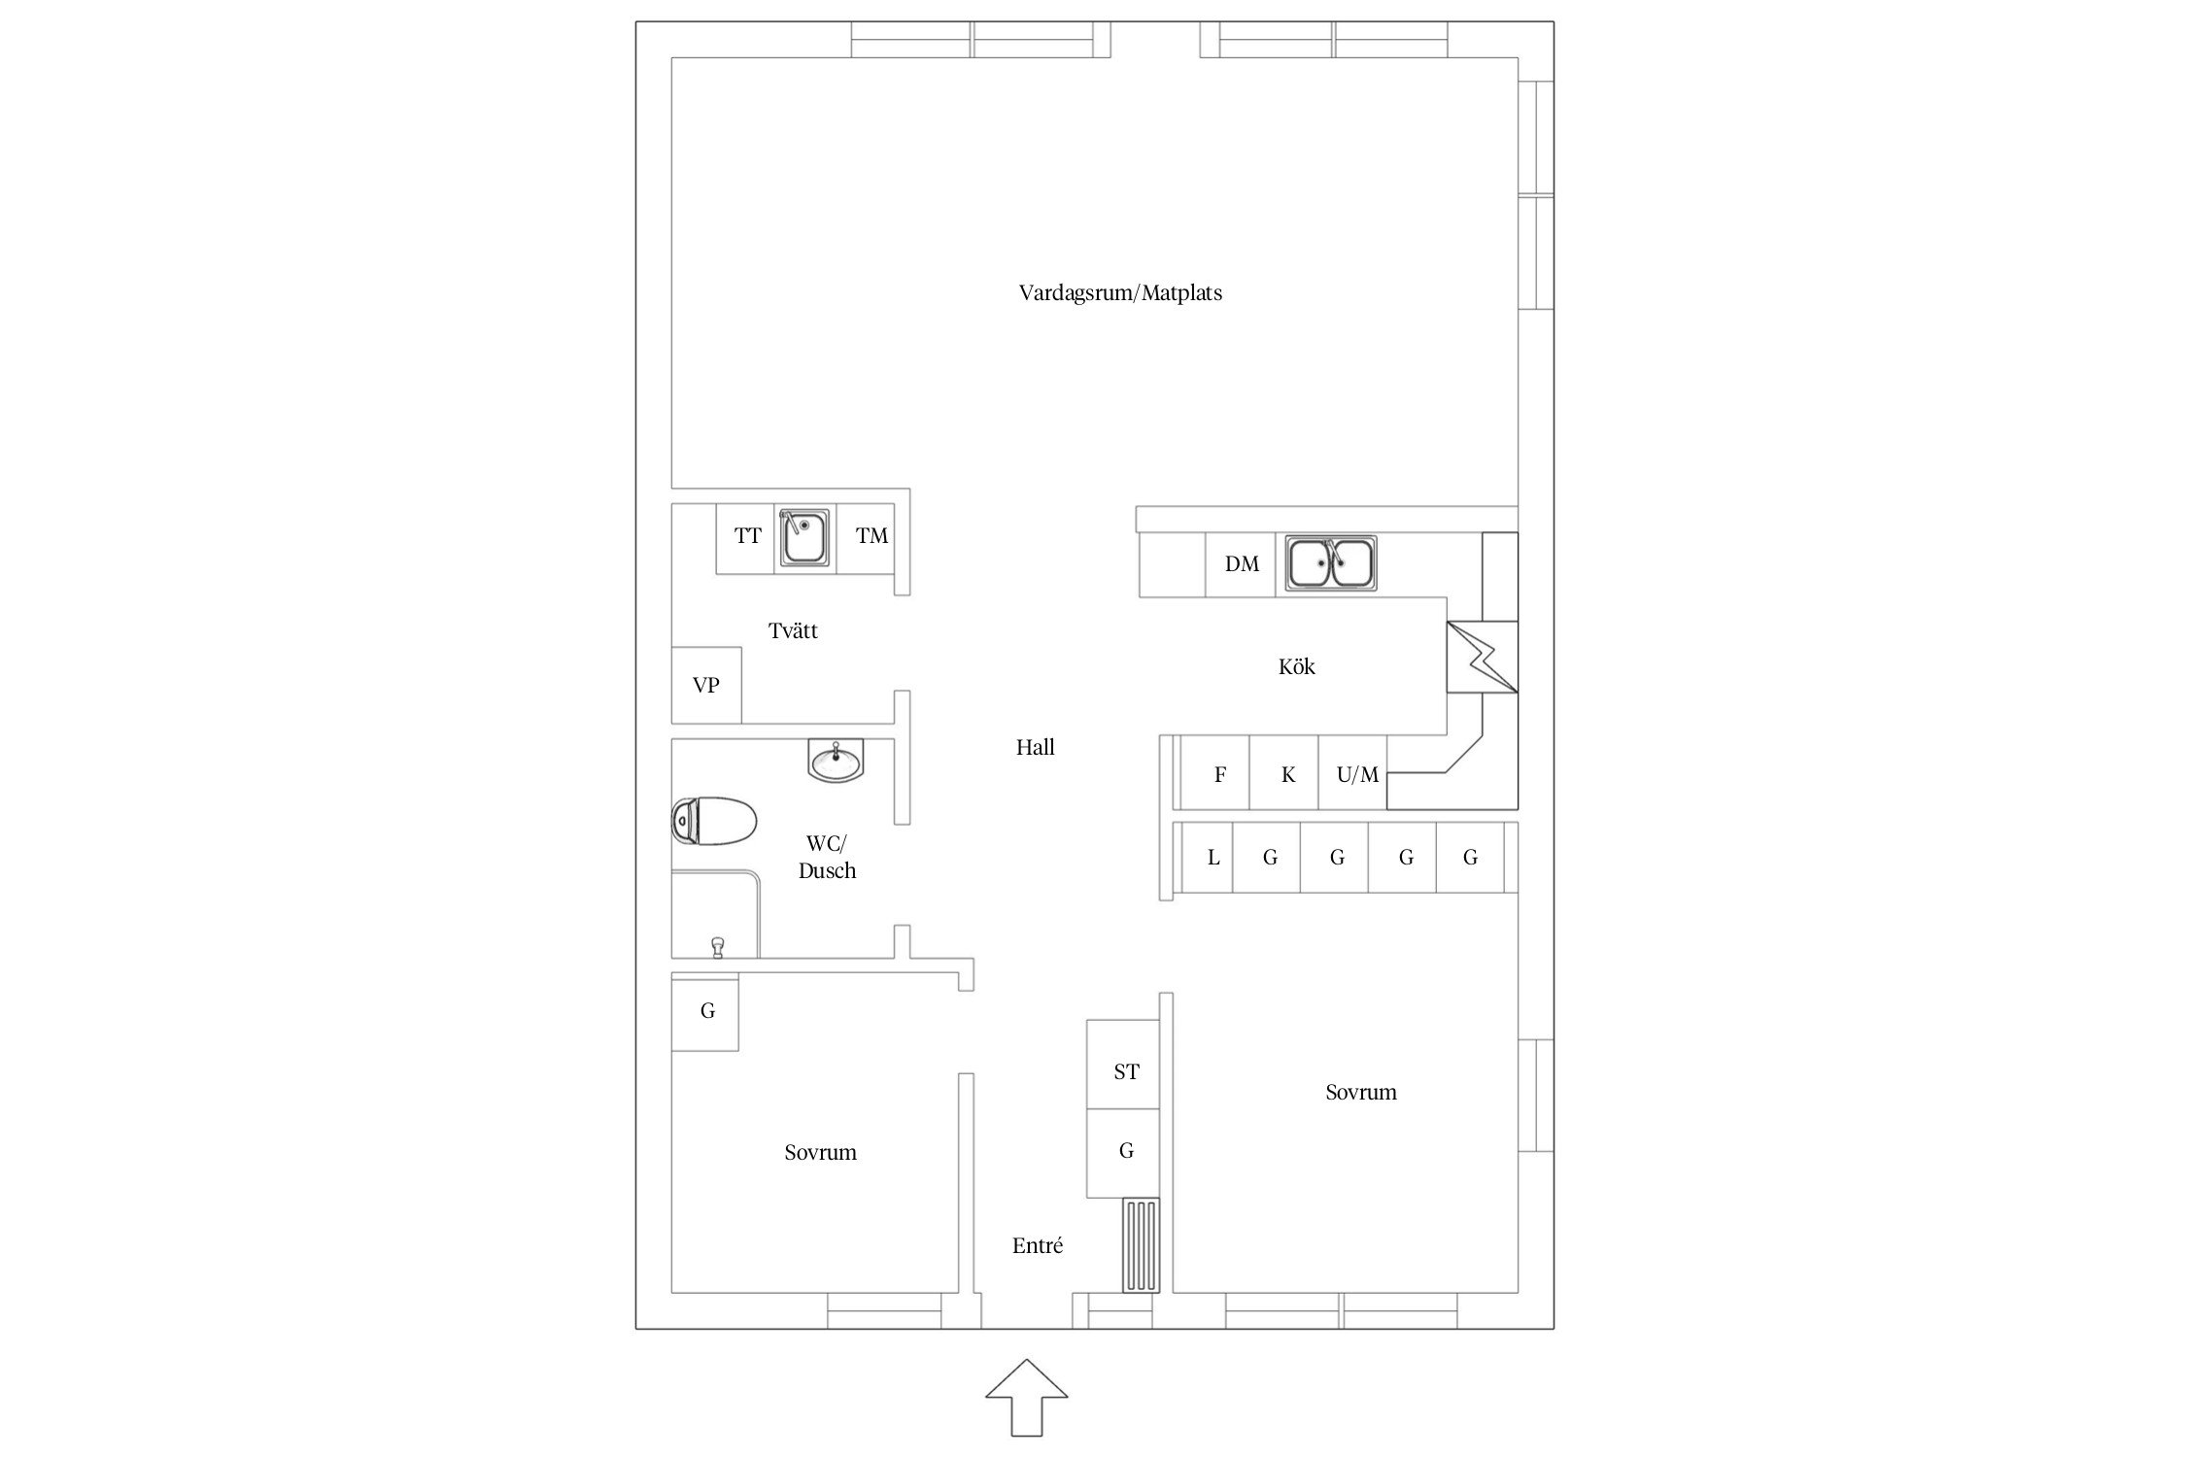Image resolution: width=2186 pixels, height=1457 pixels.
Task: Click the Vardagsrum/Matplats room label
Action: click(x=1120, y=292)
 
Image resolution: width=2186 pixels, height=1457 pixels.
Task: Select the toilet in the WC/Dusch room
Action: click(x=714, y=822)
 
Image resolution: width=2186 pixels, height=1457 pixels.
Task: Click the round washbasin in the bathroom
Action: click(x=836, y=760)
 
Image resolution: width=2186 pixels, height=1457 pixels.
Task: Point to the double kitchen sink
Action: click(x=1331, y=562)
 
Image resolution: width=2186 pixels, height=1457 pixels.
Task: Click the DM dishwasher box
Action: click(x=1241, y=564)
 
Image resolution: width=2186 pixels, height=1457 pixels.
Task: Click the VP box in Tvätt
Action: click(x=706, y=685)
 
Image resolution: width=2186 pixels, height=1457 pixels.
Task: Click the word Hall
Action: click(x=1036, y=747)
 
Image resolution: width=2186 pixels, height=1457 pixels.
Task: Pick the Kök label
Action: click(x=1297, y=666)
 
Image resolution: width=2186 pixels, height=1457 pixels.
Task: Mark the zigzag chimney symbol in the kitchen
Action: click(x=1483, y=658)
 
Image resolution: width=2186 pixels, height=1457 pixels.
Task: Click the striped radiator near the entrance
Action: click(x=1142, y=1245)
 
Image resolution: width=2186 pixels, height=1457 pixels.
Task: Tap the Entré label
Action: click(x=1038, y=1245)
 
